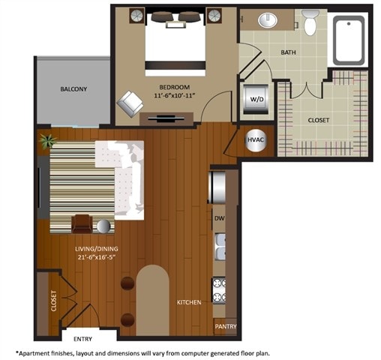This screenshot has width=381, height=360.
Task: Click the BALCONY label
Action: tap(73, 89)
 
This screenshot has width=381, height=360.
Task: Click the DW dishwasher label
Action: tap(220, 218)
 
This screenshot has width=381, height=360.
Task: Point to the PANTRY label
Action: tap(226, 327)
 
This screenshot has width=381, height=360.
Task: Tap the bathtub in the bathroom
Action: tap(349, 38)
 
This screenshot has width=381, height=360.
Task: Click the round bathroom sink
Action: tap(266, 20)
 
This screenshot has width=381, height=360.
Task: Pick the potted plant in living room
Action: tap(48, 140)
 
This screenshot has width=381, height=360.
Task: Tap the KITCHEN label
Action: tap(188, 302)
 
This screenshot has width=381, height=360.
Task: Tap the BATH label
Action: tap(288, 52)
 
